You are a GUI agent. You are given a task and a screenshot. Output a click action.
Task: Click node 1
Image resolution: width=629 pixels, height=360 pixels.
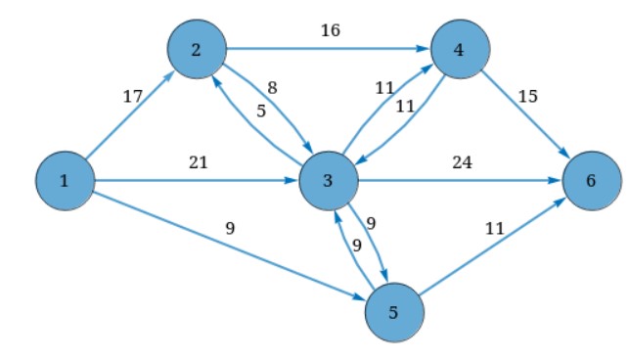click(x=65, y=181)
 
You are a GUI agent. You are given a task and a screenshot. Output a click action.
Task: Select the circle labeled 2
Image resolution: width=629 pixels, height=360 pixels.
click(x=197, y=48)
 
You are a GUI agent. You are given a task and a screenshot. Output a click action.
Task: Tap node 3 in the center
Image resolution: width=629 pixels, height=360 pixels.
click(x=329, y=181)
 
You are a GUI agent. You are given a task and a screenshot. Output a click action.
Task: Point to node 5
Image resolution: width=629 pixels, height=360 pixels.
click(x=394, y=313)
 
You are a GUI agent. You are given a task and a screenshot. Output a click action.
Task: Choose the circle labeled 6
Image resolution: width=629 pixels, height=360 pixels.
click(x=592, y=181)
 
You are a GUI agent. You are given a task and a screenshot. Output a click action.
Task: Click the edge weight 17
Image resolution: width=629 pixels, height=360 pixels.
click(x=132, y=96)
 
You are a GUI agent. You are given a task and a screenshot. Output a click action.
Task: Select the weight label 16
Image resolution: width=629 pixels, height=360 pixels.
click(x=330, y=31)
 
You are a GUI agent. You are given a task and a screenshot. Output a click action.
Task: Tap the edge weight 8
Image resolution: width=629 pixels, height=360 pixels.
click(x=272, y=88)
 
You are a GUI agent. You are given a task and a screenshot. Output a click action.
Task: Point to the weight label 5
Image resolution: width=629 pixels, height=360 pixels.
click(x=261, y=111)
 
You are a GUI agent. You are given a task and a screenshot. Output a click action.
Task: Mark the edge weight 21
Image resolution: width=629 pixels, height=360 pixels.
click(x=198, y=163)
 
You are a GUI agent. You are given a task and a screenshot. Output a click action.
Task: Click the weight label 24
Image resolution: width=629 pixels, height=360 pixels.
click(x=461, y=163)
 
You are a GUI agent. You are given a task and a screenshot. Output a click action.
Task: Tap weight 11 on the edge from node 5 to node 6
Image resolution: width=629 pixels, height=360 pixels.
click(x=494, y=229)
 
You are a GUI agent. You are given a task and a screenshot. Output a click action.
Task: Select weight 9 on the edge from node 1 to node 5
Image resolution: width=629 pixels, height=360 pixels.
click(x=230, y=229)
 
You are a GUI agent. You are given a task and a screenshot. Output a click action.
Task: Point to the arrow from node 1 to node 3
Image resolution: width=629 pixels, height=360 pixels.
click(x=196, y=181)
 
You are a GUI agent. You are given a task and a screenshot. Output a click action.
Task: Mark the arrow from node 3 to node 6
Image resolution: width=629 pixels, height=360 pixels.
click(x=460, y=181)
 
